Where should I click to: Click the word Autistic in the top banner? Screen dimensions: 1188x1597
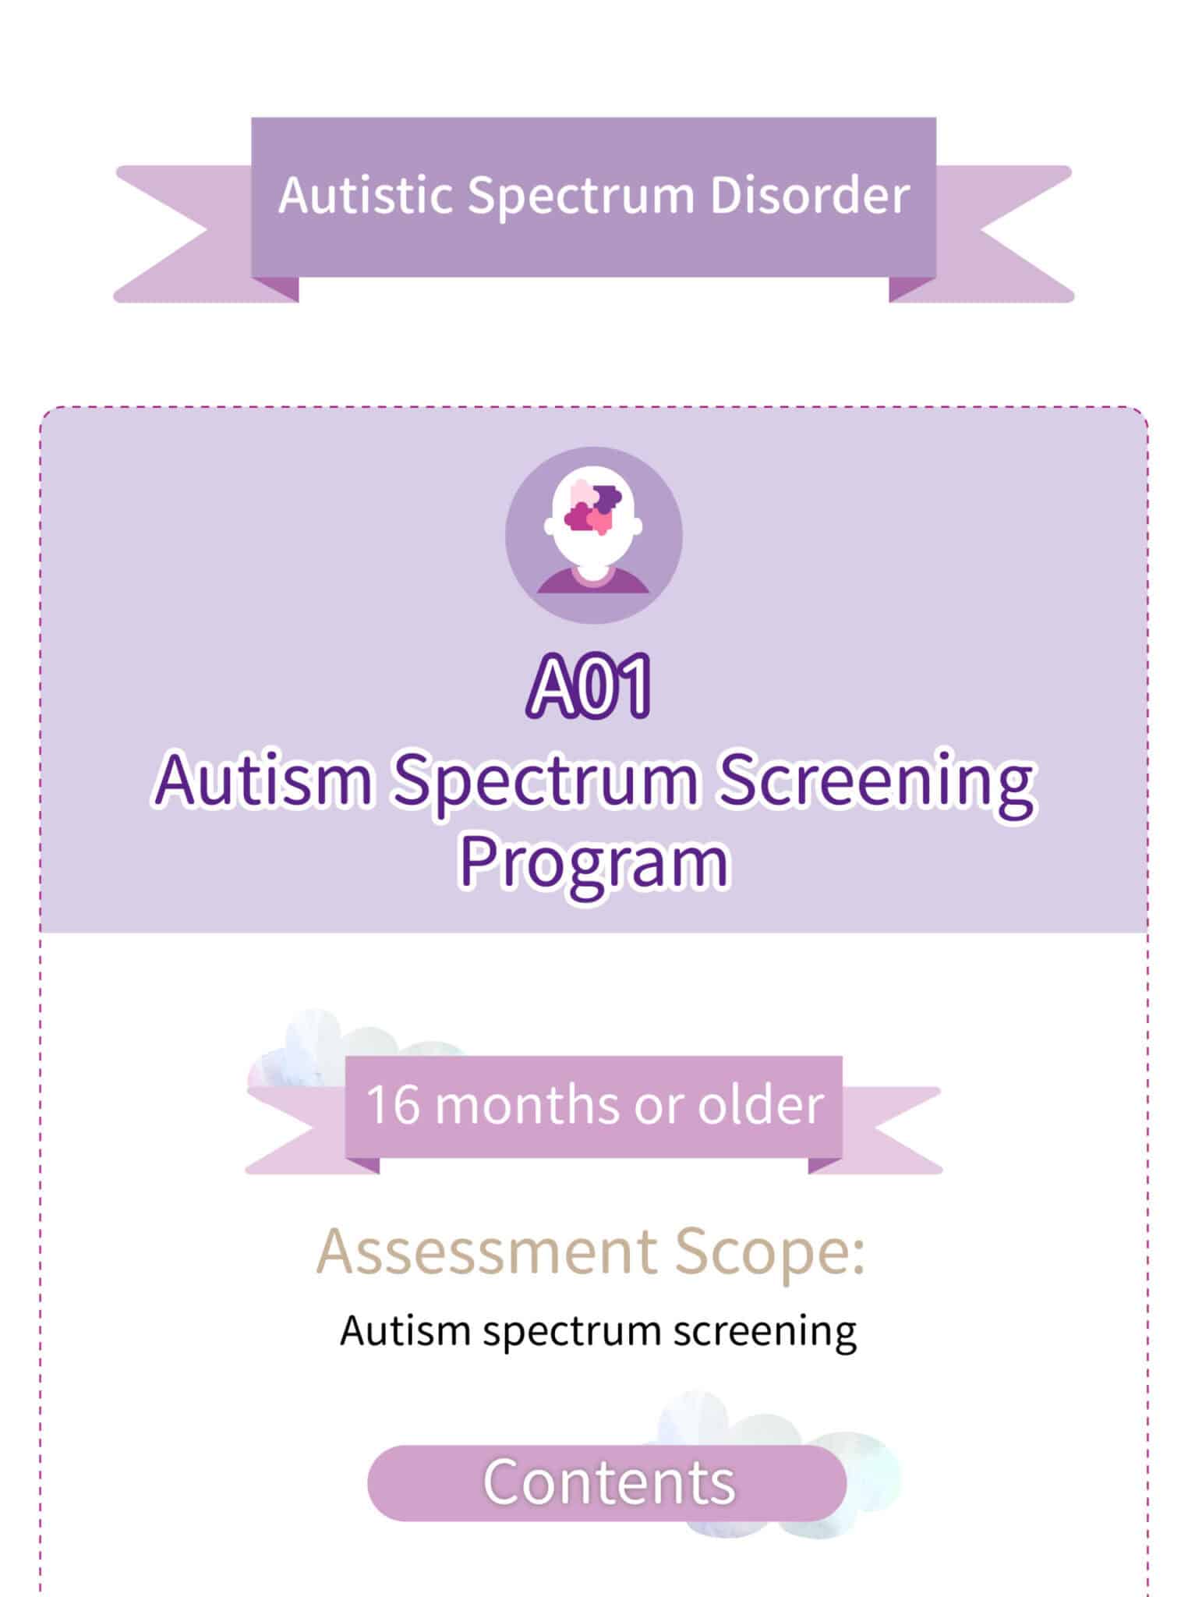pos(365,195)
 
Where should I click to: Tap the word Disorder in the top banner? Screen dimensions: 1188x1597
pos(810,195)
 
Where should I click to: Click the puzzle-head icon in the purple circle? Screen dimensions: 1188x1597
pos(593,534)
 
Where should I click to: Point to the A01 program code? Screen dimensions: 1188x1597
pos(589,686)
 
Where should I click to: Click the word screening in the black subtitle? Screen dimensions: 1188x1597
pos(765,1332)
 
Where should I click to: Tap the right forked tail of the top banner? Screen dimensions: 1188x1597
pos(1006,234)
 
